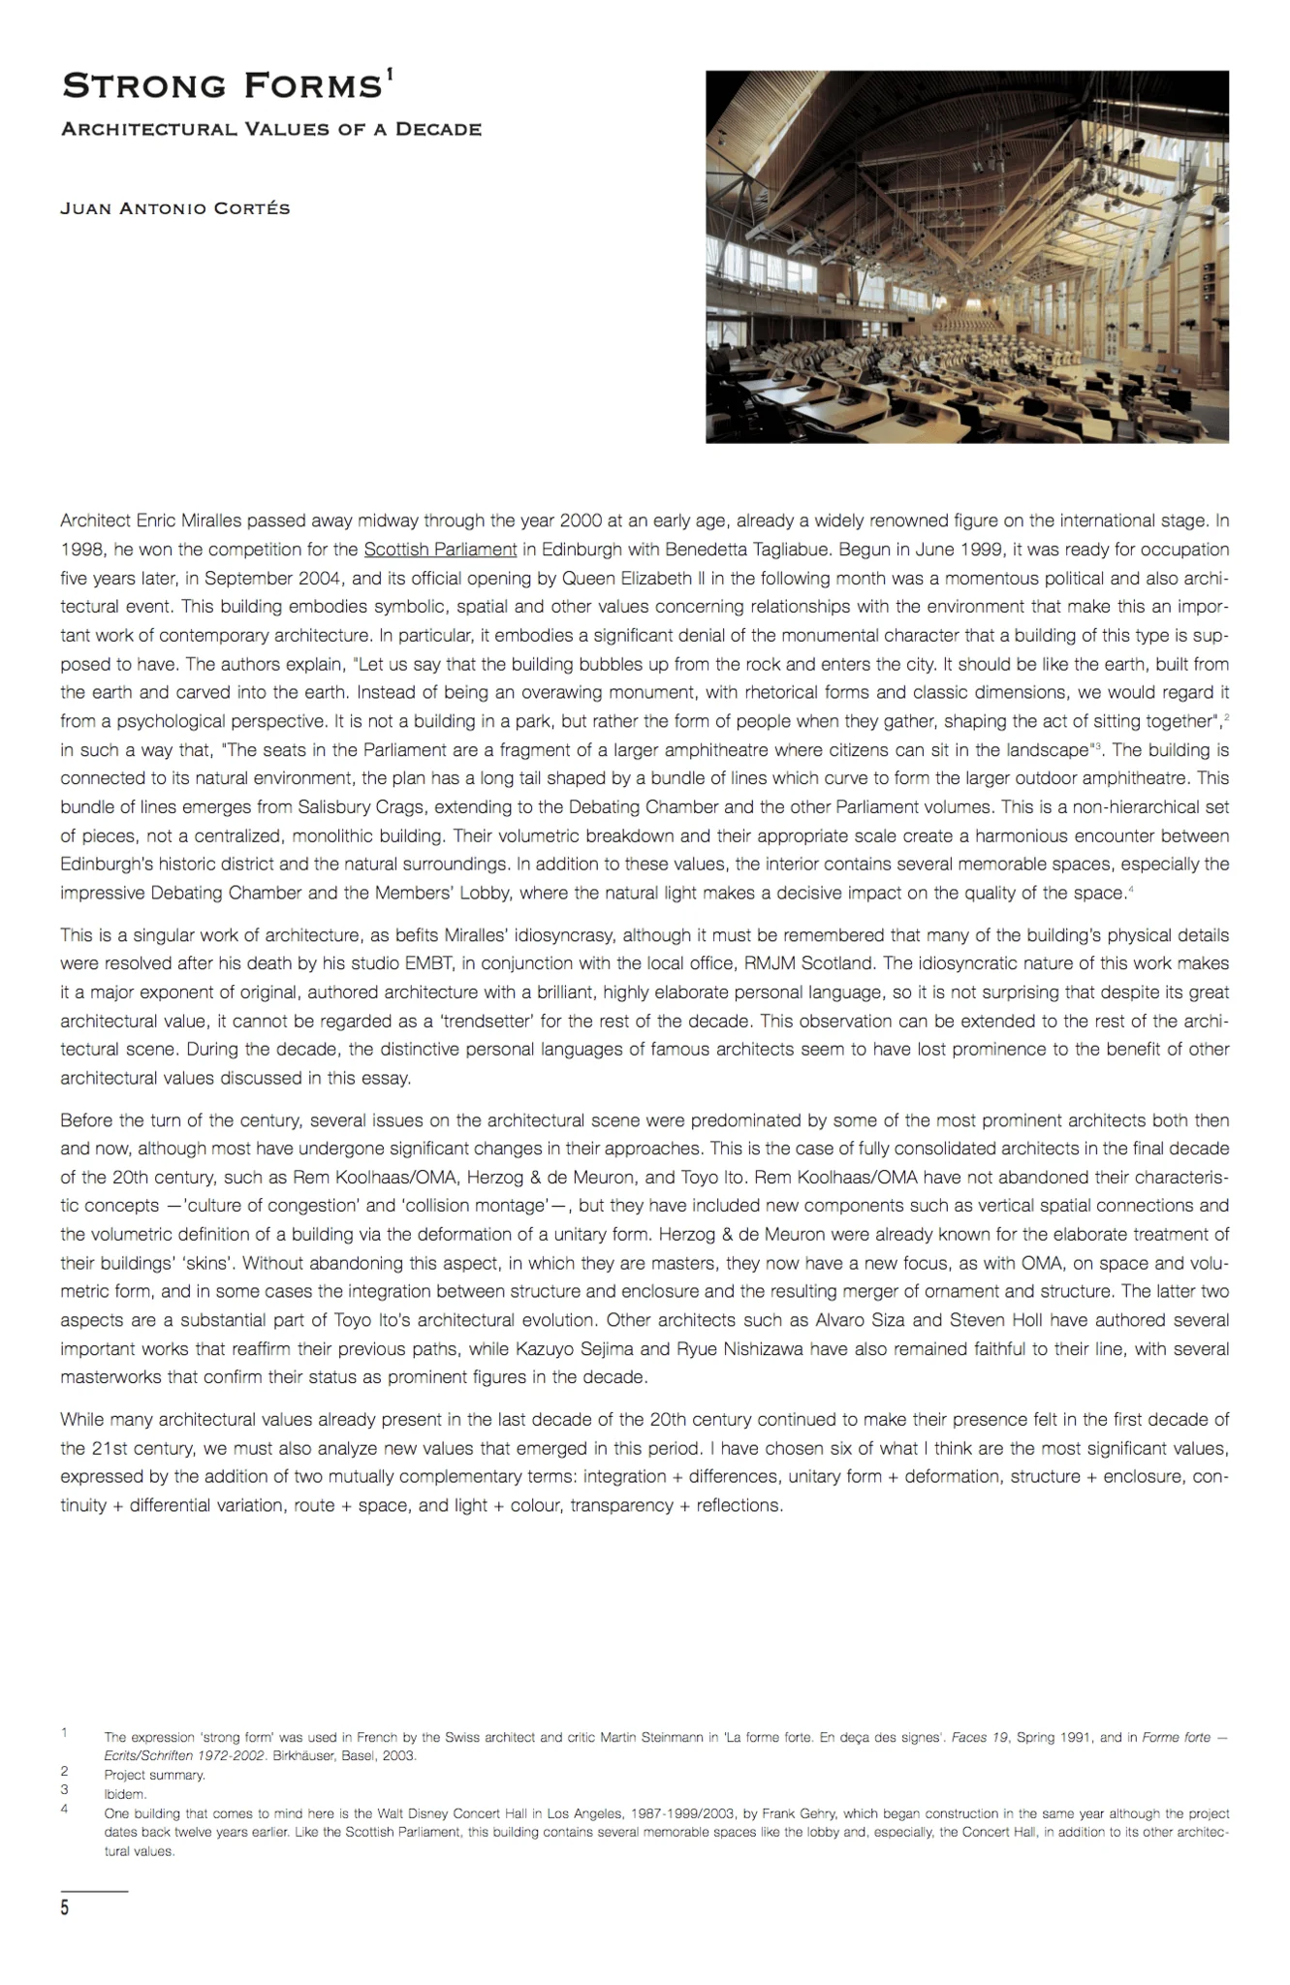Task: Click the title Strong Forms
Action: (221, 87)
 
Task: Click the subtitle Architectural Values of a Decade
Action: (270, 130)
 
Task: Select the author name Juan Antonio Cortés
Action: (174, 208)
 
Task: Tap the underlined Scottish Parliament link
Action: (440, 550)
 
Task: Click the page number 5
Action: (65, 1908)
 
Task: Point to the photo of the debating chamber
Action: (966, 257)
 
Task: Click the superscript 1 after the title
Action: (390, 77)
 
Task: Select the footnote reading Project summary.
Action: (154, 1775)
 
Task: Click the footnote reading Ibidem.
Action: (125, 1794)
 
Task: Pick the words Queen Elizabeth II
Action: (620, 579)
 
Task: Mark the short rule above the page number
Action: (94, 1891)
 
